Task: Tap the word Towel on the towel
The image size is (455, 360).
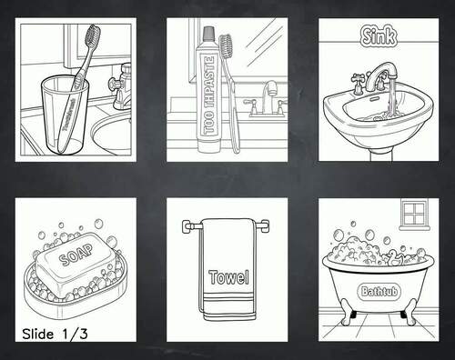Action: point(228,276)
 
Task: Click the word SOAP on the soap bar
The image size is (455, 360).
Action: point(76,257)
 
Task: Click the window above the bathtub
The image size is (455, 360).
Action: point(414,215)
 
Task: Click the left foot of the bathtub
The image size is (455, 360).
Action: point(346,317)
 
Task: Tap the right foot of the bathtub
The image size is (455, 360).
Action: point(410,317)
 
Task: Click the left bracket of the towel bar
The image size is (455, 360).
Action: point(188,226)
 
